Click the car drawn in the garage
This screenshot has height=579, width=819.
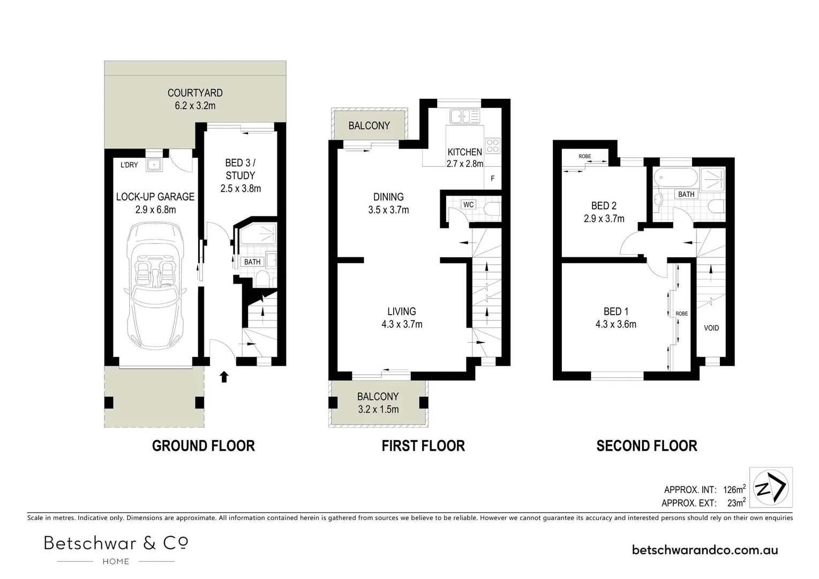[155, 287]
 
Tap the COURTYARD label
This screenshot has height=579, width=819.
[195, 93]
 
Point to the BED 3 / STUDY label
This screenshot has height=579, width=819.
[241, 169]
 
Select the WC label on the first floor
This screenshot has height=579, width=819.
[468, 205]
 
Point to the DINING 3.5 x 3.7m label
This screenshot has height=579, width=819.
[388, 203]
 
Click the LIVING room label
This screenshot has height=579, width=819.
[402, 311]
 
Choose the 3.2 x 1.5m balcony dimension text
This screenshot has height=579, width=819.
[378, 410]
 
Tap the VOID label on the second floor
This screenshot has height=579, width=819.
[711, 328]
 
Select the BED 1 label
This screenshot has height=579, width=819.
[616, 311]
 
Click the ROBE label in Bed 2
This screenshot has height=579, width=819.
[584, 157]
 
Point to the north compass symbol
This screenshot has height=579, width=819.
[770, 488]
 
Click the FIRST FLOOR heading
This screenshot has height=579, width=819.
[423, 446]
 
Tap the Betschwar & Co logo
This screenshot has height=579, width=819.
[116, 548]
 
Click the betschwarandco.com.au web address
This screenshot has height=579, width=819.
[705, 550]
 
